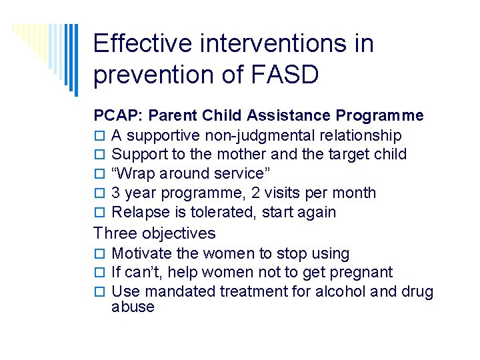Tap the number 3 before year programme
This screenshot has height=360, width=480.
[x=116, y=193]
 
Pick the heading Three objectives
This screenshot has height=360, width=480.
[x=155, y=233]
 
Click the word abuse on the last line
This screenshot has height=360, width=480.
[x=133, y=307]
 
